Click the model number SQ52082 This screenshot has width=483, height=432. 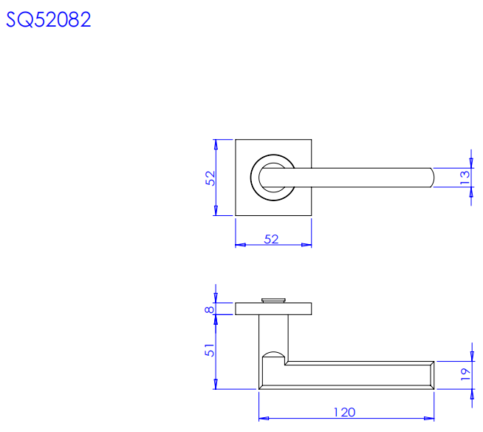48,20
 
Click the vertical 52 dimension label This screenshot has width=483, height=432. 210,178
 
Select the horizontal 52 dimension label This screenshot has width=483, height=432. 271,239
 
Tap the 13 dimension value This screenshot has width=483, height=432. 465,178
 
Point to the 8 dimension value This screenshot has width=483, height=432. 210,309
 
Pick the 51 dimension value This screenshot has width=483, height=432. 210,350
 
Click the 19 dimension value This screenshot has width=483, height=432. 465,374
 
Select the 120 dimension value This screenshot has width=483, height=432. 344,413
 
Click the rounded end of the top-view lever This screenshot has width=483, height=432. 431,178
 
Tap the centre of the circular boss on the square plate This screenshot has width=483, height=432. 273,178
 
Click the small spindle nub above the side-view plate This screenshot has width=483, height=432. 273,300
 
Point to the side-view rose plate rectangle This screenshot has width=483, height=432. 273,309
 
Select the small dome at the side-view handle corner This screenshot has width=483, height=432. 273,354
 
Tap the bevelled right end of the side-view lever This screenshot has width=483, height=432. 431,375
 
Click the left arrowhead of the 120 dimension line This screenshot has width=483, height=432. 264,419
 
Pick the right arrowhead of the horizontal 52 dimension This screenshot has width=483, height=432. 306,245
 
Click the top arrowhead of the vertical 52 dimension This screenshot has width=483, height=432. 216,144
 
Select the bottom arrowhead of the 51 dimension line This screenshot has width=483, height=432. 216,384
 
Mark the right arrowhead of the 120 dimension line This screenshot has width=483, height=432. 429,419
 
